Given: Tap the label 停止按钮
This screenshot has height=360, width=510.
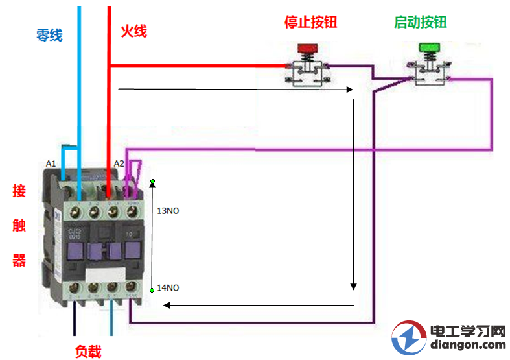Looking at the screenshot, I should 310,22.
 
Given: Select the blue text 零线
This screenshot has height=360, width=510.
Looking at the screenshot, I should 49,35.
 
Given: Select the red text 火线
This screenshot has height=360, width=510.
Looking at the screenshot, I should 134,31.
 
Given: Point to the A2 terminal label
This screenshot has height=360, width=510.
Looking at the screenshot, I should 119,163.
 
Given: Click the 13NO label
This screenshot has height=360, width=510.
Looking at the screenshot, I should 170,211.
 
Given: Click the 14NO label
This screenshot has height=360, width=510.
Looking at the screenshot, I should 170,287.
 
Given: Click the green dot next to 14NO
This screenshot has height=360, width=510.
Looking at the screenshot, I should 152,290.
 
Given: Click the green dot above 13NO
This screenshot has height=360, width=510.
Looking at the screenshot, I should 152,182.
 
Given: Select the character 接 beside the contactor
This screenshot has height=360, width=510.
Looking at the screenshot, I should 19,191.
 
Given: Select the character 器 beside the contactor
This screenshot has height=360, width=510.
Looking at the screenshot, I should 19,260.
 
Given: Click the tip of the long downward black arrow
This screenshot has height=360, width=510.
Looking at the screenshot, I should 354,289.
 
